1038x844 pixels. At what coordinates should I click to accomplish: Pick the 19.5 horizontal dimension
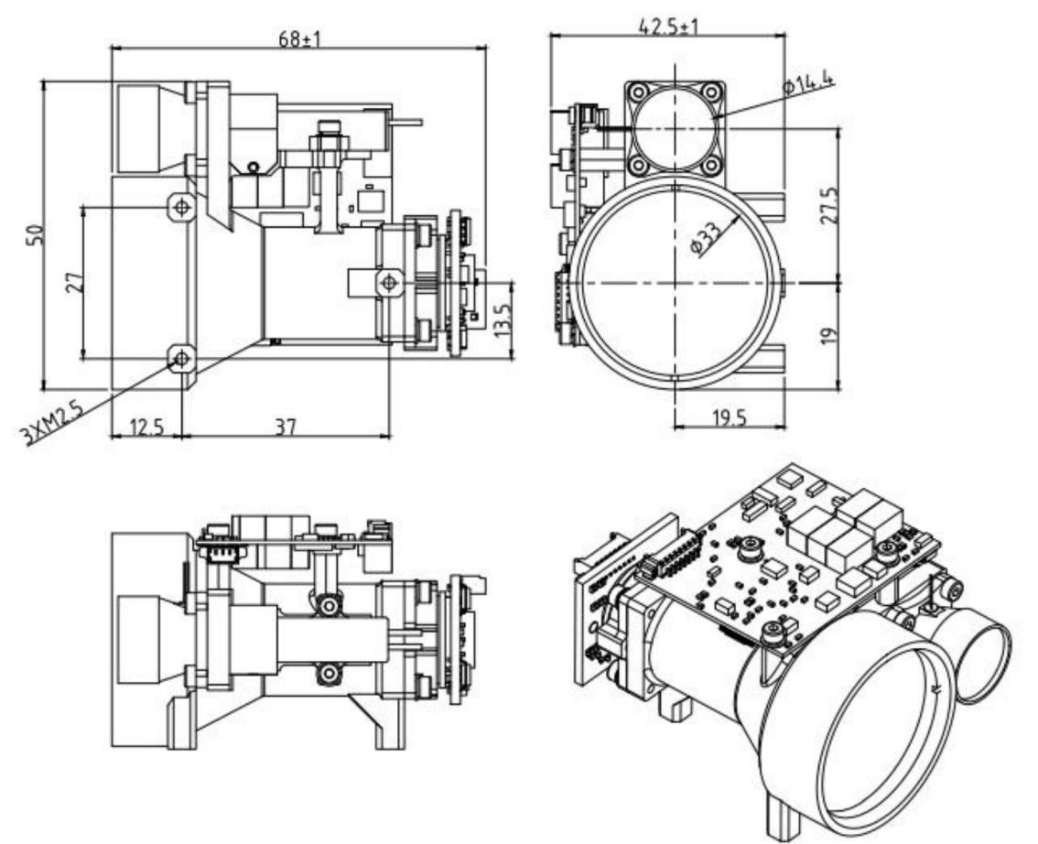coord(729,417)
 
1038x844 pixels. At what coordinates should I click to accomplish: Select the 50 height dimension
coord(35,235)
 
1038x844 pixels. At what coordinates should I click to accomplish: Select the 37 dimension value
coord(286,427)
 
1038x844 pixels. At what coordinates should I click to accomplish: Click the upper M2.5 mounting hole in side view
coord(183,207)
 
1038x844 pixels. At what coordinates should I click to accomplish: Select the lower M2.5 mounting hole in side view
coord(182,358)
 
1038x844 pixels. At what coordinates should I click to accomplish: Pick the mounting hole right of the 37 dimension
coord(390,282)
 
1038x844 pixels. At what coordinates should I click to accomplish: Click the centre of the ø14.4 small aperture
coord(676,128)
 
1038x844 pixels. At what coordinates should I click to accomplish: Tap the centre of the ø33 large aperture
coord(676,282)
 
